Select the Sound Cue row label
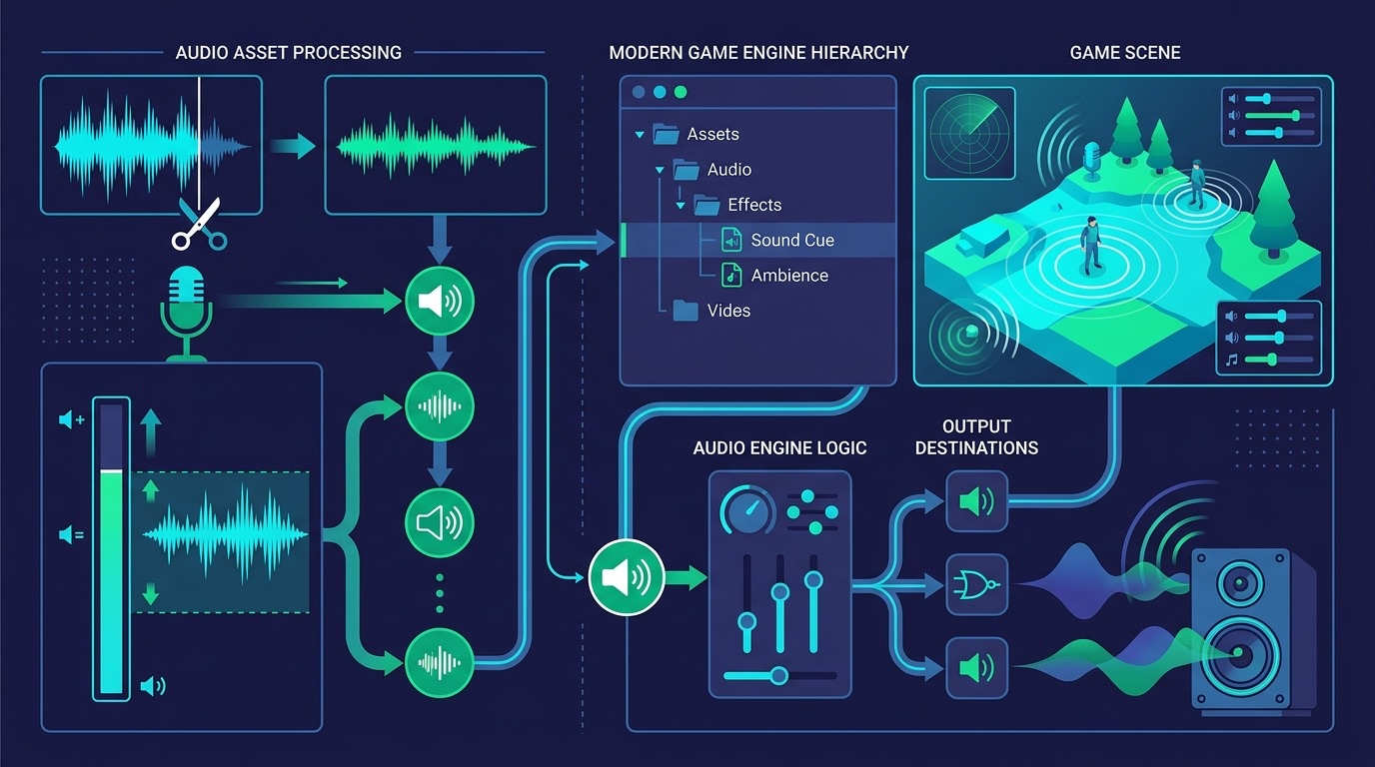click(x=792, y=240)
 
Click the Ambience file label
click(x=789, y=276)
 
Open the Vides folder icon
click(x=686, y=311)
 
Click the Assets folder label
click(x=712, y=134)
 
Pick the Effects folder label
click(x=754, y=205)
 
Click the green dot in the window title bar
click(x=681, y=92)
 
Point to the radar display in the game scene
click(x=969, y=133)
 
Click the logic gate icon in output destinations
click(x=976, y=585)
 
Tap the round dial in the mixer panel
click(x=747, y=510)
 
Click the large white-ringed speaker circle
click(x=627, y=577)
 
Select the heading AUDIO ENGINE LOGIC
click(x=779, y=448)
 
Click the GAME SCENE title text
click(x=1124, y=53)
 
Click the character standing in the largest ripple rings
click(x=1091, y=245)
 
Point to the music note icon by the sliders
click(x=1231, y=361)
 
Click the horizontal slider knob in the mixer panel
click(x=779, y=675)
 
